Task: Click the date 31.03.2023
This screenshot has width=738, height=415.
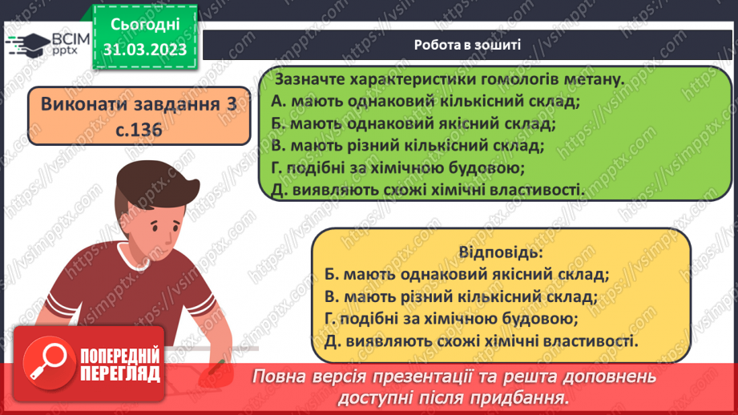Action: tap(145, 50)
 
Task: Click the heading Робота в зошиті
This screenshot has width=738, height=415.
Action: tap(467, 45)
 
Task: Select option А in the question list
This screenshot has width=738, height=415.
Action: tap(425, 102)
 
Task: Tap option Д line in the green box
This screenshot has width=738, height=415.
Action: tap(429, 190)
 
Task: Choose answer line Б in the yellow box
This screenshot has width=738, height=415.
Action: tap(468, 275)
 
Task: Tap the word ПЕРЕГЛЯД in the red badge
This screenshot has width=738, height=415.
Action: tap(120, 373)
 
